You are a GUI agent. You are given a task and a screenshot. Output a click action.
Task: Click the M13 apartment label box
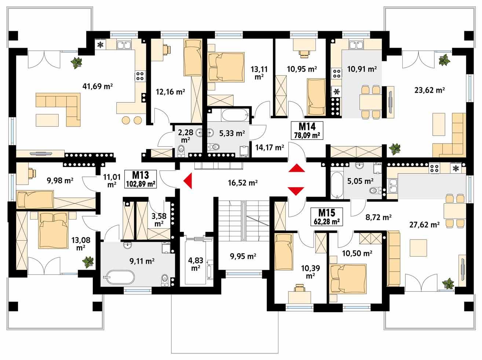(141, 179)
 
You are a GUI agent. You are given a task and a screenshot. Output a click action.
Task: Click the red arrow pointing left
(188, 181)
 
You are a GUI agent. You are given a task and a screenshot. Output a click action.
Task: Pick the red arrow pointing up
(296, 169)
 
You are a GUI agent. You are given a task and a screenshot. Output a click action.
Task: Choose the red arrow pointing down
(296, 191)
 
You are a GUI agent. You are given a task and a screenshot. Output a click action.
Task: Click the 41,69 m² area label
(98, 87)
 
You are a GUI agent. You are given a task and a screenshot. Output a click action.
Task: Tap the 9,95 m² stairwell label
(243, 256)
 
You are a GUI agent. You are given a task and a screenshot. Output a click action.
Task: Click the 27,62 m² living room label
(425, 225)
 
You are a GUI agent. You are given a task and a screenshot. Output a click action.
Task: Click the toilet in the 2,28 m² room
(180, 149)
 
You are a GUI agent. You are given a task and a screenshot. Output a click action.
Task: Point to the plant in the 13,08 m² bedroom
(88, 262)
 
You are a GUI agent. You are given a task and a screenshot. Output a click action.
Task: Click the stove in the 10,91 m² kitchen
(336, 73)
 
